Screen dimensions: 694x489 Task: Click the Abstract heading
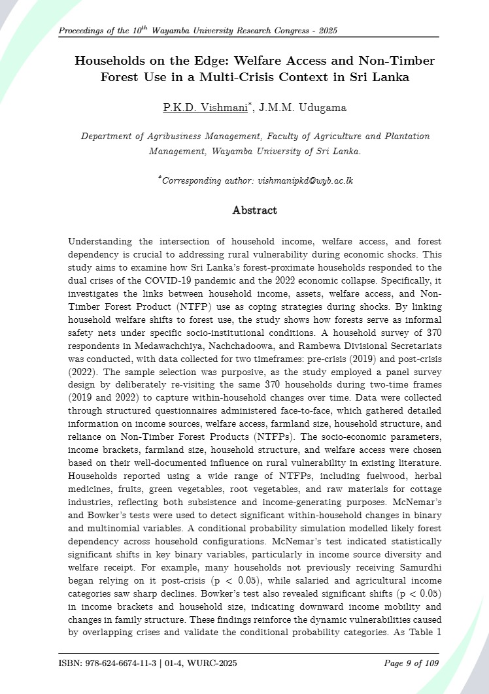pos(254,210)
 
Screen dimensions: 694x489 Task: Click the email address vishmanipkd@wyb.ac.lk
pos(297,180)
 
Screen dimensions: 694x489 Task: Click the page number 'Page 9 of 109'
pos(411,664)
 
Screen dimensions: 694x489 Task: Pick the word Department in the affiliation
pos(108,137)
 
